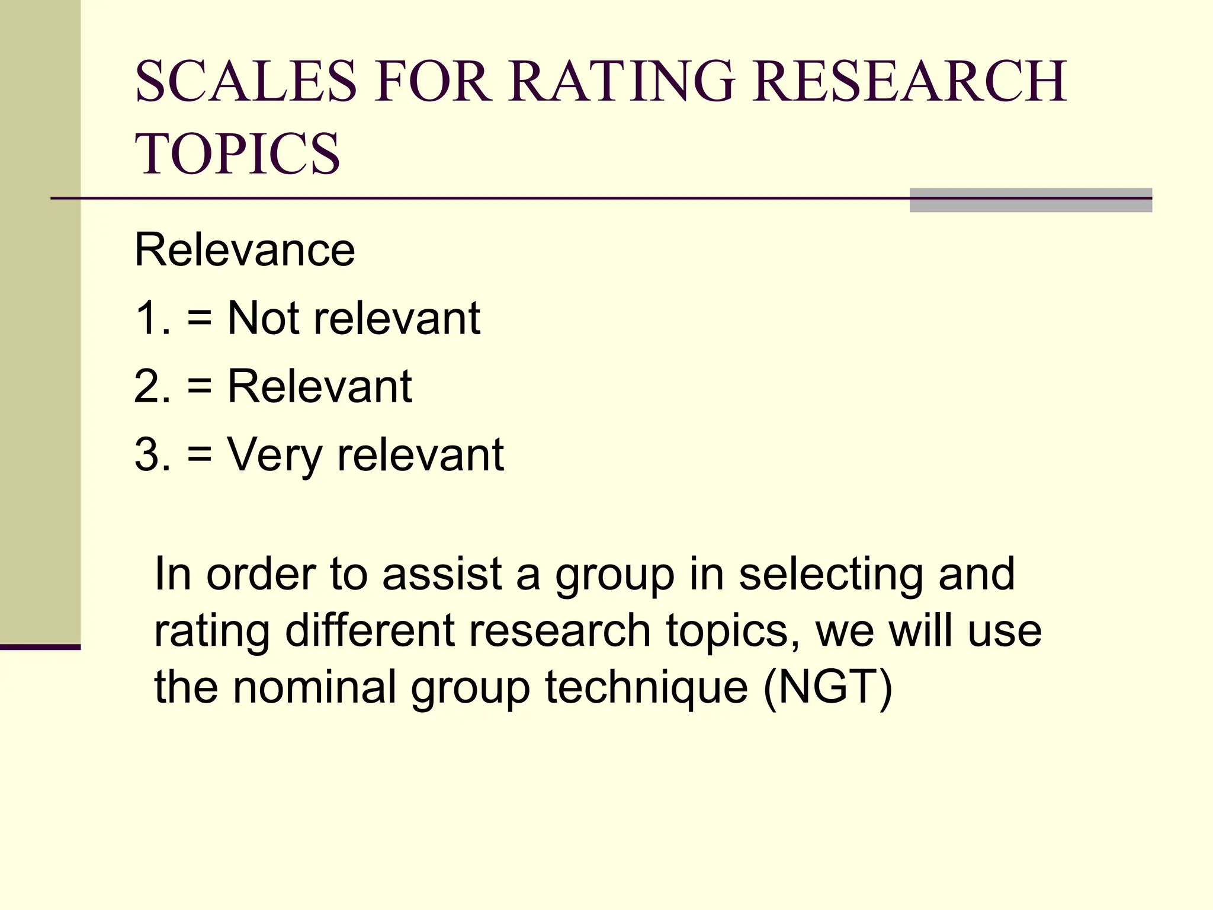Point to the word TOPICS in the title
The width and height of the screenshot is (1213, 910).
[x=238, y=154]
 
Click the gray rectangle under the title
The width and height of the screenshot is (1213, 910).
[x=1031, y=200]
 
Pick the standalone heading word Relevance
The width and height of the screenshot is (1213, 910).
[x=245, y=250]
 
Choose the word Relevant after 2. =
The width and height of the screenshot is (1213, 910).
[x=320, y=387]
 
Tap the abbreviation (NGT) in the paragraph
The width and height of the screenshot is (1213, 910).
[x=827, y=688]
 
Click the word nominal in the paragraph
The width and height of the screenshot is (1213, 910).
[x=315, y=688]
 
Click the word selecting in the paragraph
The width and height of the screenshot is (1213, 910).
[x=830, y=575]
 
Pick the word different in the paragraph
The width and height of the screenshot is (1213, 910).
[x=370, y=631]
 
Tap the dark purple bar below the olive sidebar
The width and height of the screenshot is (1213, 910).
[x=40, y=647]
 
